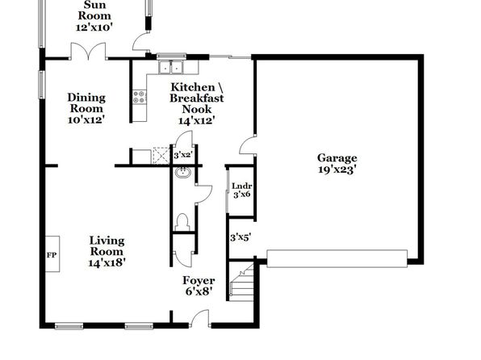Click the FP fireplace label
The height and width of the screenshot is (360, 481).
(51, 255)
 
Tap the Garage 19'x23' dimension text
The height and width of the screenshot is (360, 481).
(337, 170)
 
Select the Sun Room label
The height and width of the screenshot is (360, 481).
(94, 10)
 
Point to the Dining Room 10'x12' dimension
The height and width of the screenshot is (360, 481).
(86, 119)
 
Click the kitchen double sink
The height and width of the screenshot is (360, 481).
(170, 68)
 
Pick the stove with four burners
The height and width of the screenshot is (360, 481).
(140, 97)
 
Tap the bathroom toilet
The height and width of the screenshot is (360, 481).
(182, 222)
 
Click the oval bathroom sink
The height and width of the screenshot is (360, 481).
(183, 173)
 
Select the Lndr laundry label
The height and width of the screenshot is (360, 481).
(242, 186)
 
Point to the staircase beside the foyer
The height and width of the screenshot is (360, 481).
(241, 283)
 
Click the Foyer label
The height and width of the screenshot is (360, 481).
(199, 280)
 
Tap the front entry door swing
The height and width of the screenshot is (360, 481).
(200, 318)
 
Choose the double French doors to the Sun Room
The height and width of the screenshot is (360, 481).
(88, 51)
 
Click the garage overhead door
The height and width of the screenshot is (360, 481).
(337, 259)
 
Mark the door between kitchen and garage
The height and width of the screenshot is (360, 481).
(248, 145)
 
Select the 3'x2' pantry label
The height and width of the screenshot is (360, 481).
(182, 155)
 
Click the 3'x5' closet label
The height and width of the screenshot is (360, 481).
(240, 237)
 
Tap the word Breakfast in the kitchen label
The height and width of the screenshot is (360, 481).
(197, 98)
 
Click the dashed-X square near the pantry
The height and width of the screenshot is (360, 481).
(161, 156)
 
